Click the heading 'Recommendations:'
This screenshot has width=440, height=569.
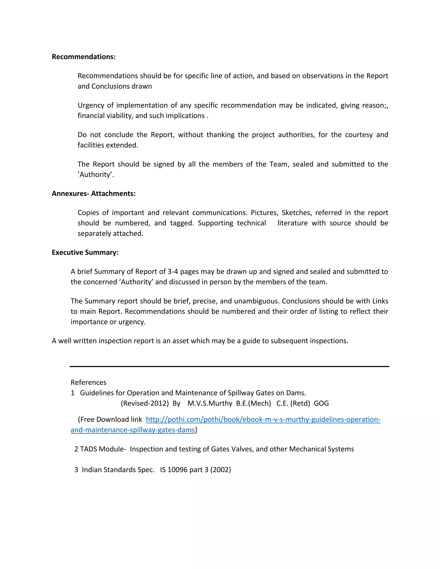[83, 57]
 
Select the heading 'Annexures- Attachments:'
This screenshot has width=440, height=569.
[94, 194]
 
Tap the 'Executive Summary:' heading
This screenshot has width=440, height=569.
[85, 253]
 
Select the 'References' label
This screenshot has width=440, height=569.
[88, 382]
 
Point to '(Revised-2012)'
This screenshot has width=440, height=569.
[145, 403]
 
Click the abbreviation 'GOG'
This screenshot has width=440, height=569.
[321, 403]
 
